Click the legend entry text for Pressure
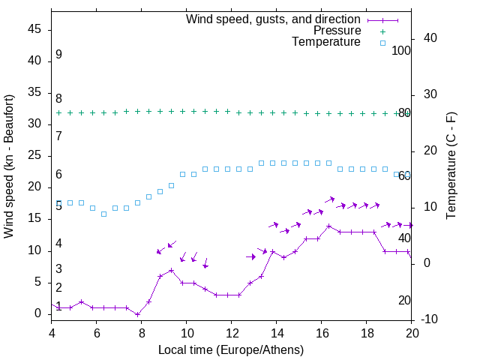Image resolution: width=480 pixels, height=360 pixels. click(337, 31)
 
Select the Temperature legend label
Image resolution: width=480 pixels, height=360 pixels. click(326, 42)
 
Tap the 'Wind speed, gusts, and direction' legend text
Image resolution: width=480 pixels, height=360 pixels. click(274, 19)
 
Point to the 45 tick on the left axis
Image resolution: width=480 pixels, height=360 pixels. click(34, 29)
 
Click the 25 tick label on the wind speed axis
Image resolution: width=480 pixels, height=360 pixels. click(34, 155)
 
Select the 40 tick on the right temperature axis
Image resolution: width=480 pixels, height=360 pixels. click(430, 38)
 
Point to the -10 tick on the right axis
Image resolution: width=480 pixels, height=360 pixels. click(429, 320)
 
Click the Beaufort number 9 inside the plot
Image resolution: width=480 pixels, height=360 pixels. click(58, 55)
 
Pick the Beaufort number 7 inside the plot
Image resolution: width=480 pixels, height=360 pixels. click(58, 136)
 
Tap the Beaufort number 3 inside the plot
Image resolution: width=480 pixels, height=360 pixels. click(58, 268)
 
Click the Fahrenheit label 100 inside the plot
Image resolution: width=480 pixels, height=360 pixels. click(402, 50)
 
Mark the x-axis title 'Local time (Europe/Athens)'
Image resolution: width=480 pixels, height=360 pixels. click(232, 349)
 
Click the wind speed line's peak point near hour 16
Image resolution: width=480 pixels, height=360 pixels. click(329, 226)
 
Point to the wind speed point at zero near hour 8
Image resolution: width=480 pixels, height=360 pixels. click(138, 314)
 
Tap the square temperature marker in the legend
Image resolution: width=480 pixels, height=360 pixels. click(382, 43)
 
